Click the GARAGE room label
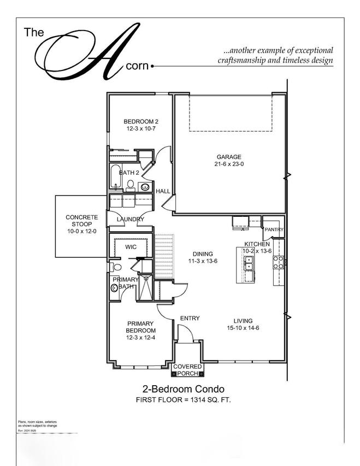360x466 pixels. coord(228,157)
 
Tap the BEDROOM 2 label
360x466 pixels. coord(140,121)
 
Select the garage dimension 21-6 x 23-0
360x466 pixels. coord(228,164)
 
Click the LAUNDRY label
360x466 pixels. coord(131,220)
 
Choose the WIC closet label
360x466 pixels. coord(131,247)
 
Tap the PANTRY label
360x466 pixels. coord(273,229)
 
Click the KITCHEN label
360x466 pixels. coord(257,244)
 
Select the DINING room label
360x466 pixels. coord(203,254)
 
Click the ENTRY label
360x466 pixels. coord(190,318)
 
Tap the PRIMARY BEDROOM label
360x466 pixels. coord(140,327)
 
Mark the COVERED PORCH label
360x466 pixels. coord(187,370)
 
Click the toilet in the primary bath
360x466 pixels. coord(114,268)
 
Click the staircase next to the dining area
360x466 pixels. coord(164,246)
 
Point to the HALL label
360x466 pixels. coord(163,191)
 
